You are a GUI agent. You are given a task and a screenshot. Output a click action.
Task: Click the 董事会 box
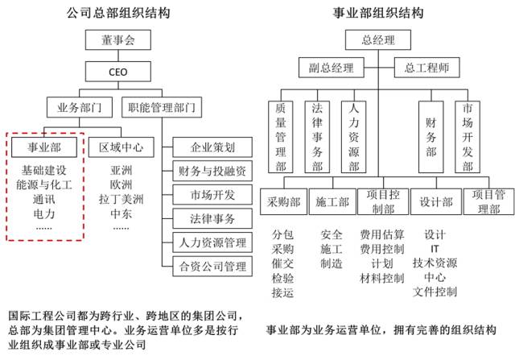pos(118,40)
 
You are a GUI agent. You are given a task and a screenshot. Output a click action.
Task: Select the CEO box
pos(118,72)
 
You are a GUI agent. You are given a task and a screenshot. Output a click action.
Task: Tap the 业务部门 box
pos(80,107)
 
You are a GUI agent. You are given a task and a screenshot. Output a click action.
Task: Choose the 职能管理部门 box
pos(162,107)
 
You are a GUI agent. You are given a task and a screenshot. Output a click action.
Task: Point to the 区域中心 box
pos(122,147)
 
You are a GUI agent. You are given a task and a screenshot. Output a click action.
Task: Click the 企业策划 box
pos(212,147)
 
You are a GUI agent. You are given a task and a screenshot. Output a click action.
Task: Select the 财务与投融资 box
pos(212,171)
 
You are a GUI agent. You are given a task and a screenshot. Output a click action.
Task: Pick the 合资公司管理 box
pos(212,267)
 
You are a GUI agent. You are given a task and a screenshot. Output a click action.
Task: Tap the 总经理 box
pos(378,40)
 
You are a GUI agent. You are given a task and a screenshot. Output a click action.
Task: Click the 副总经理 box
pos(332,68)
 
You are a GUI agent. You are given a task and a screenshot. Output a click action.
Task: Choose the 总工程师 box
pos(426,68)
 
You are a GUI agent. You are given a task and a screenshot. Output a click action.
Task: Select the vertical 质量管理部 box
pos(281,137)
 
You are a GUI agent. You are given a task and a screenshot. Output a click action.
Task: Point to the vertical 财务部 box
pos(431,137)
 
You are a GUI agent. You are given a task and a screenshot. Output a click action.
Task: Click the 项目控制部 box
pos(383,201)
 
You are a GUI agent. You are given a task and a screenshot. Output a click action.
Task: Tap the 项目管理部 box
pos(488,201)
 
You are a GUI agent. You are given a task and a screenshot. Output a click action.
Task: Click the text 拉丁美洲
pos(122,199)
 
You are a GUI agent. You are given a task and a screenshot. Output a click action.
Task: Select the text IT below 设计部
pos(435,249)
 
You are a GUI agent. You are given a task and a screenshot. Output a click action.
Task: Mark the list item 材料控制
pos(382,278)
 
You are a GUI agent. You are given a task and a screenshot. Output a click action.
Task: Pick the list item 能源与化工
pos(44,184)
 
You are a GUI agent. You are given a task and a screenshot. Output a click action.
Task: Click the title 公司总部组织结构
pos(118,13)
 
